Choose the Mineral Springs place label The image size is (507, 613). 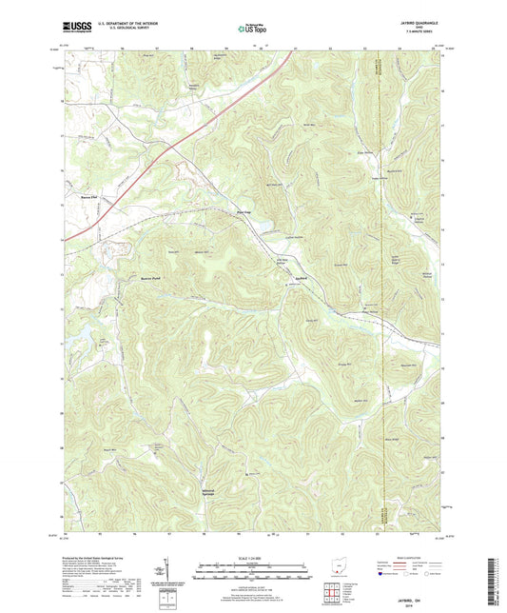pos(216,494)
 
